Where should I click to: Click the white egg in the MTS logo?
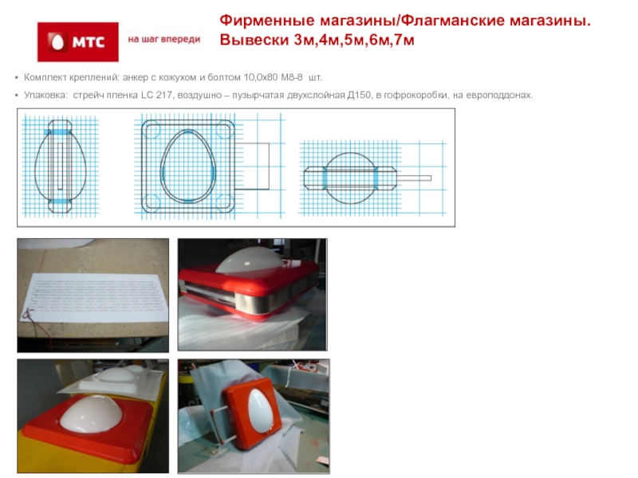(x=57, y=41)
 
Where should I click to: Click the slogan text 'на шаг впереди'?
(x=164, y=39)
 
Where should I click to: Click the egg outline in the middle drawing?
(x=162, y=167)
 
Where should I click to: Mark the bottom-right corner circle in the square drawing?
(x=223, y=202)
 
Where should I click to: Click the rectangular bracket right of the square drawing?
(x=269, y=167)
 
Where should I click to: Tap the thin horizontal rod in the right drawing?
(x=414, y=178)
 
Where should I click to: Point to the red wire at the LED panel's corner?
(x=28, y=314)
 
